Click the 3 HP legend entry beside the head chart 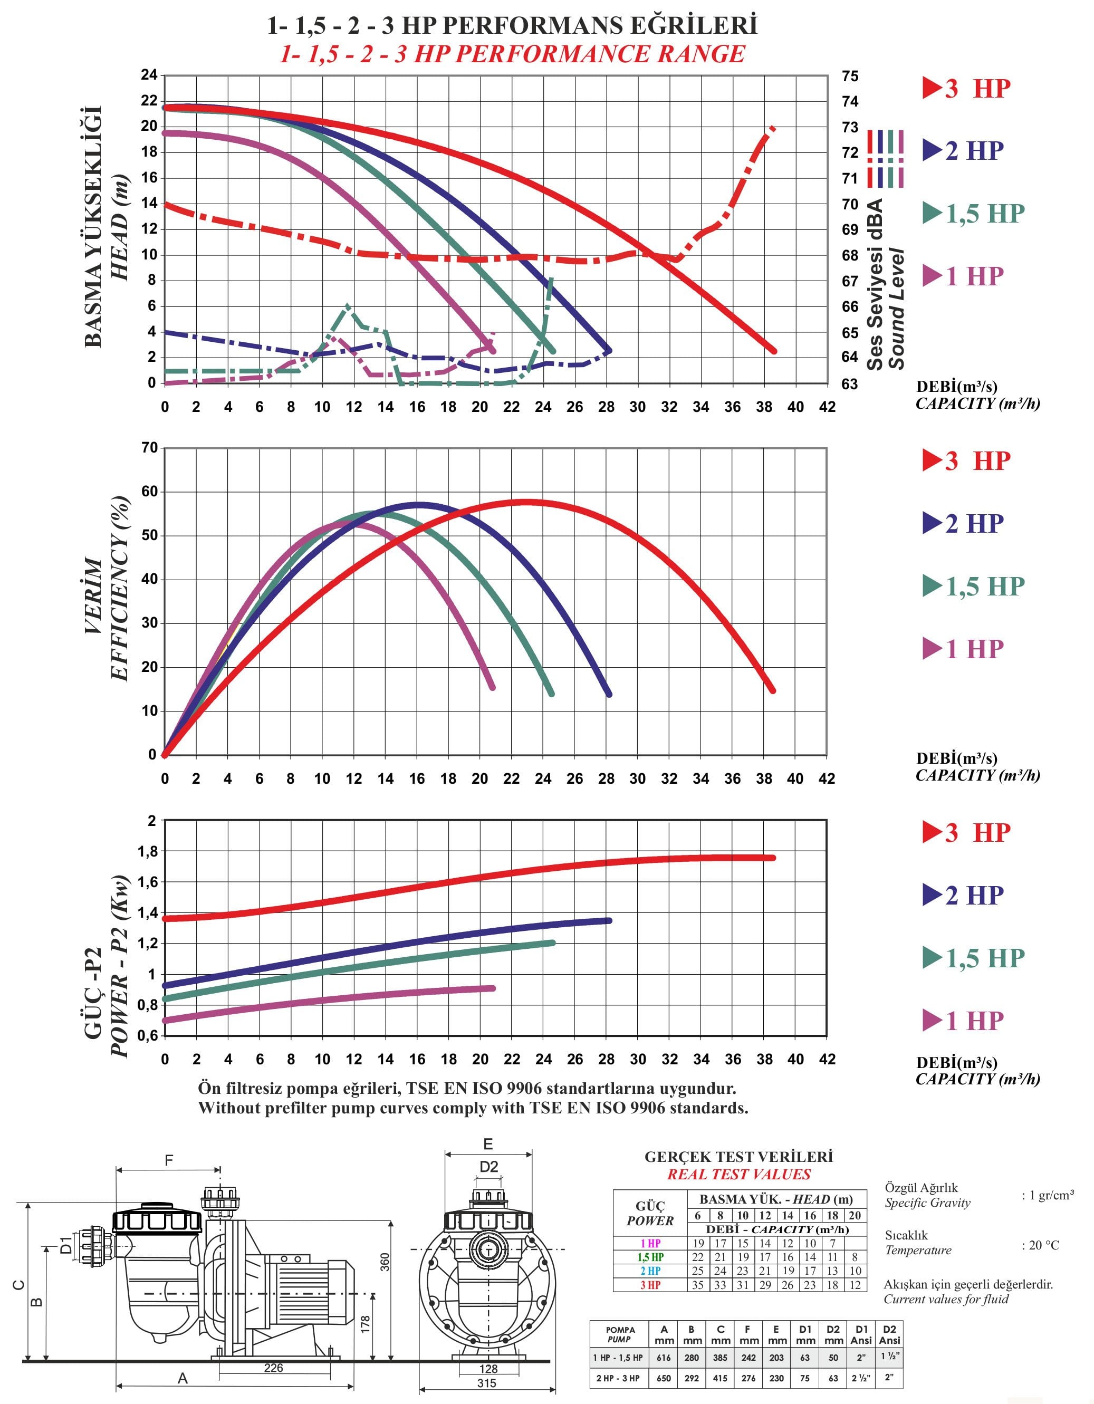point(967,88)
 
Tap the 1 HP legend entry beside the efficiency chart point(963,649)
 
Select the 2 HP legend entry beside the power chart point(963,895)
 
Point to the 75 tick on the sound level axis point(850,76)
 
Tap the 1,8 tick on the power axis point(147,851)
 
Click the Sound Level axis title point(897,309)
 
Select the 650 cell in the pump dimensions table point(664,1378)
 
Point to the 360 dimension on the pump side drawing point(385,1261)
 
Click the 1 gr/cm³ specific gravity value point(1048,1196)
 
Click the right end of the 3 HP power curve point(773,858)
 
